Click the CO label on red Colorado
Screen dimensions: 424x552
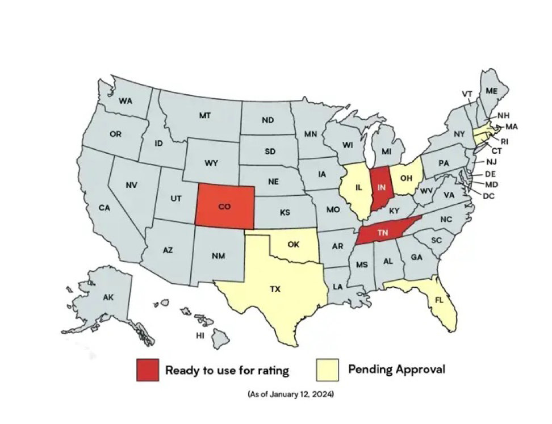(x=224, y=207)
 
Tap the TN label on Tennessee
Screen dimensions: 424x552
(x=382, y=233)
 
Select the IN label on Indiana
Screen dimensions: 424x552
(x=382, y=187)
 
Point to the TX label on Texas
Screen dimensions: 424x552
(x=275, y=289)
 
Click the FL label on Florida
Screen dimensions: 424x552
(x=439, y=300)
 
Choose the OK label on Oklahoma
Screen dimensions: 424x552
(x=293, y=245)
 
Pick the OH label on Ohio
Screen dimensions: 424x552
(x=407, y=177)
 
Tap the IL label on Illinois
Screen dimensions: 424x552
(x=359, y=187)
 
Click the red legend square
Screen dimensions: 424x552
(x=147, y=370)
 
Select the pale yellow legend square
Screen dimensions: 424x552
(x=327, y=370)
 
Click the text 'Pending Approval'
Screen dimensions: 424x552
(x=396, y=370)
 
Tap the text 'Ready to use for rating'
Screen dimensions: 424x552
(x=227, y=371)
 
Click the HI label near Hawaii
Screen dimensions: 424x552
(x=200, y=335)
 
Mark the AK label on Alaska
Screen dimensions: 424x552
(x=108, y=297)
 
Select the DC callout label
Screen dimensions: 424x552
(x=488, y=196)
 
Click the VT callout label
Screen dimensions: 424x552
(x=467, y=94)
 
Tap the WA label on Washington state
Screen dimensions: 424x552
(x=126, y=100)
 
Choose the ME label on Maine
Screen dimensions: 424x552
(x=492, y=91)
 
